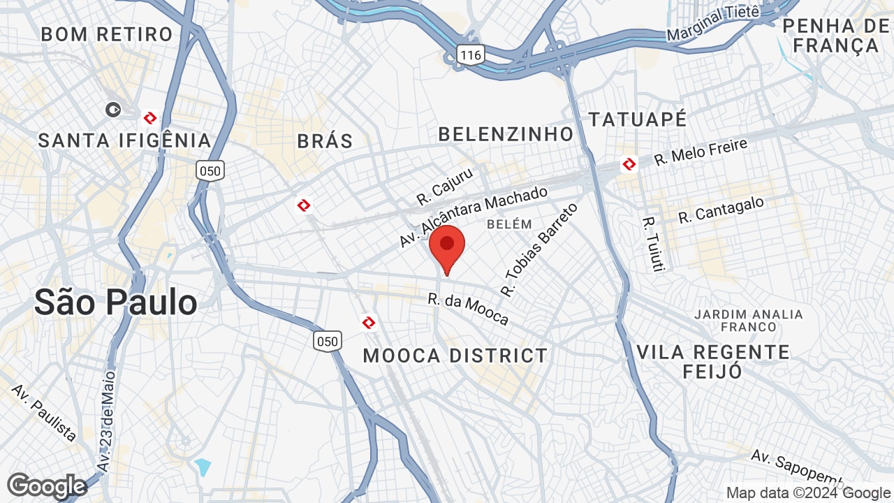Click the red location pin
[x=447, y=246]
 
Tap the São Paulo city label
[x=116, y=302]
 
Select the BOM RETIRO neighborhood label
[x=107, y=34]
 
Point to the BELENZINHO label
[x=506, y=133]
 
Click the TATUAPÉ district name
[x=638, y=119]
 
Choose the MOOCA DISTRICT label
[x=455, y=356]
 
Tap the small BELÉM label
[x=509, y=224]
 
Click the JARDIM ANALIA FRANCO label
[x=749, y=321]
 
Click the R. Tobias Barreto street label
[x=540, y=249]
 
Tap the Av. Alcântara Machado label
[x=474, y=217]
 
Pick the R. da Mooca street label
[x=469, y=309]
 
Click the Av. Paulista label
[x=44, y=412]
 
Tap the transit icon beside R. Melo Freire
[x=629, y=165]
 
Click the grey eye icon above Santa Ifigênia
[x=112, y=109]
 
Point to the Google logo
[x=47, y=486]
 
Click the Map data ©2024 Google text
[x=808, y=493]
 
